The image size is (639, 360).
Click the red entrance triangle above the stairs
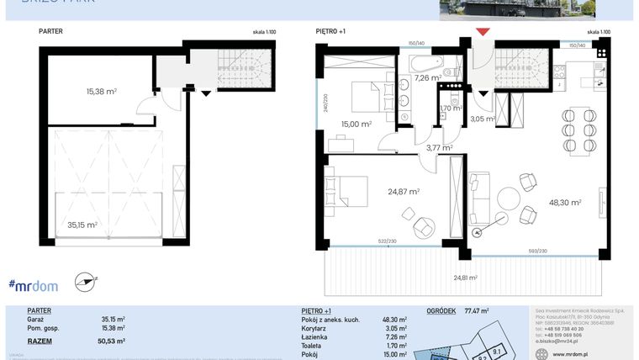pyautogui.click(x=483, y=32)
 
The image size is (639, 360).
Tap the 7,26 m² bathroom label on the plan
pyautogui.click(x=427, y=77)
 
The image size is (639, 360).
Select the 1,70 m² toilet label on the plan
pyautogui.click(x=452, y=109)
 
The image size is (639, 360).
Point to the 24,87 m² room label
pyautogui.click(x=404, y=192)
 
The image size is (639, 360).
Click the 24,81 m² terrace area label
pyautogui.click(x=465, y=278)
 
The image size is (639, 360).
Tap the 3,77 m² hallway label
pyautogui.click(x=439, y=148)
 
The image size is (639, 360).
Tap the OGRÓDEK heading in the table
pyautogui.click(x=442, y=310)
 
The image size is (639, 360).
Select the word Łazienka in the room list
pyautogui.click(x=315, y=336)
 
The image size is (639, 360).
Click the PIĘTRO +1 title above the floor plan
pyautogui.click(x=330, y=31)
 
